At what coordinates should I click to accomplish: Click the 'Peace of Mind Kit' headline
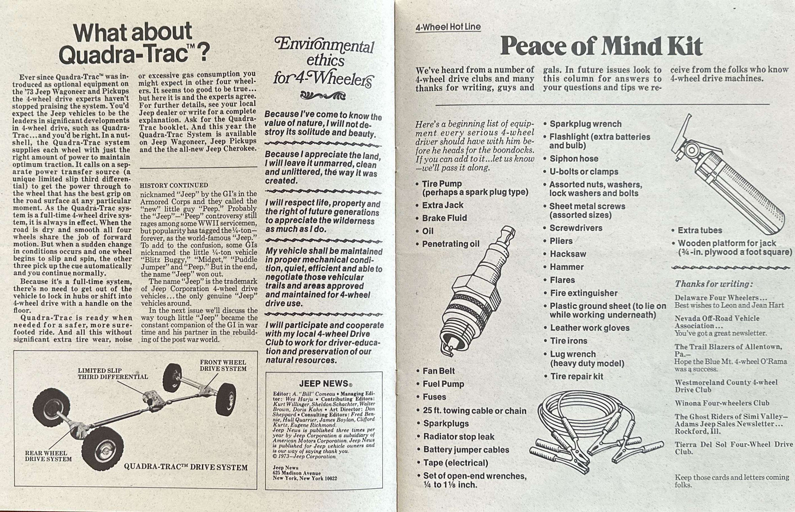pyautogui.click(x=601, y=46)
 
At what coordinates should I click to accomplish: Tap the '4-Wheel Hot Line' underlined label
pyautogui.click(x=448, y=27)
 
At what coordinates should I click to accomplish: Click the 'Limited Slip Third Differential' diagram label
pyautogui.click(x=113, y=374)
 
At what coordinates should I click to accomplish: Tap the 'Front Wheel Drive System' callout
pyautogui.click(x=223, y=365)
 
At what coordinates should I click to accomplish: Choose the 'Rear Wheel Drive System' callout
pyautogui.click(x=48, y=456)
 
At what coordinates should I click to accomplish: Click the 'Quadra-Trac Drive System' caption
pyautogui.click(x=186, y=467)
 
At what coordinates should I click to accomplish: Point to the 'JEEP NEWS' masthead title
pyautogui.click(x=324, y=383)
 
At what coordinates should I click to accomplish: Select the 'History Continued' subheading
pyautogui.click(x=174, y=185)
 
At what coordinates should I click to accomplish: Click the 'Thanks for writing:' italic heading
pyautogui.click(x=714, y=284)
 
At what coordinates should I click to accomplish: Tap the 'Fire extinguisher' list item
pyautogui.click(x=584, y=293)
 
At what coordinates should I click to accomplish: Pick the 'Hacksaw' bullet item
pyautogui.click(x=568, y=254)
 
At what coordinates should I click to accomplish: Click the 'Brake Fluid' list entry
pyautogui.click(x=444, y=218)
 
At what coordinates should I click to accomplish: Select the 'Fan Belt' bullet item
pyautogui.click(x=438, y=371)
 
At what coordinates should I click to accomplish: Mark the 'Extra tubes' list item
pyautogui.click(x=700, y=230)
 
